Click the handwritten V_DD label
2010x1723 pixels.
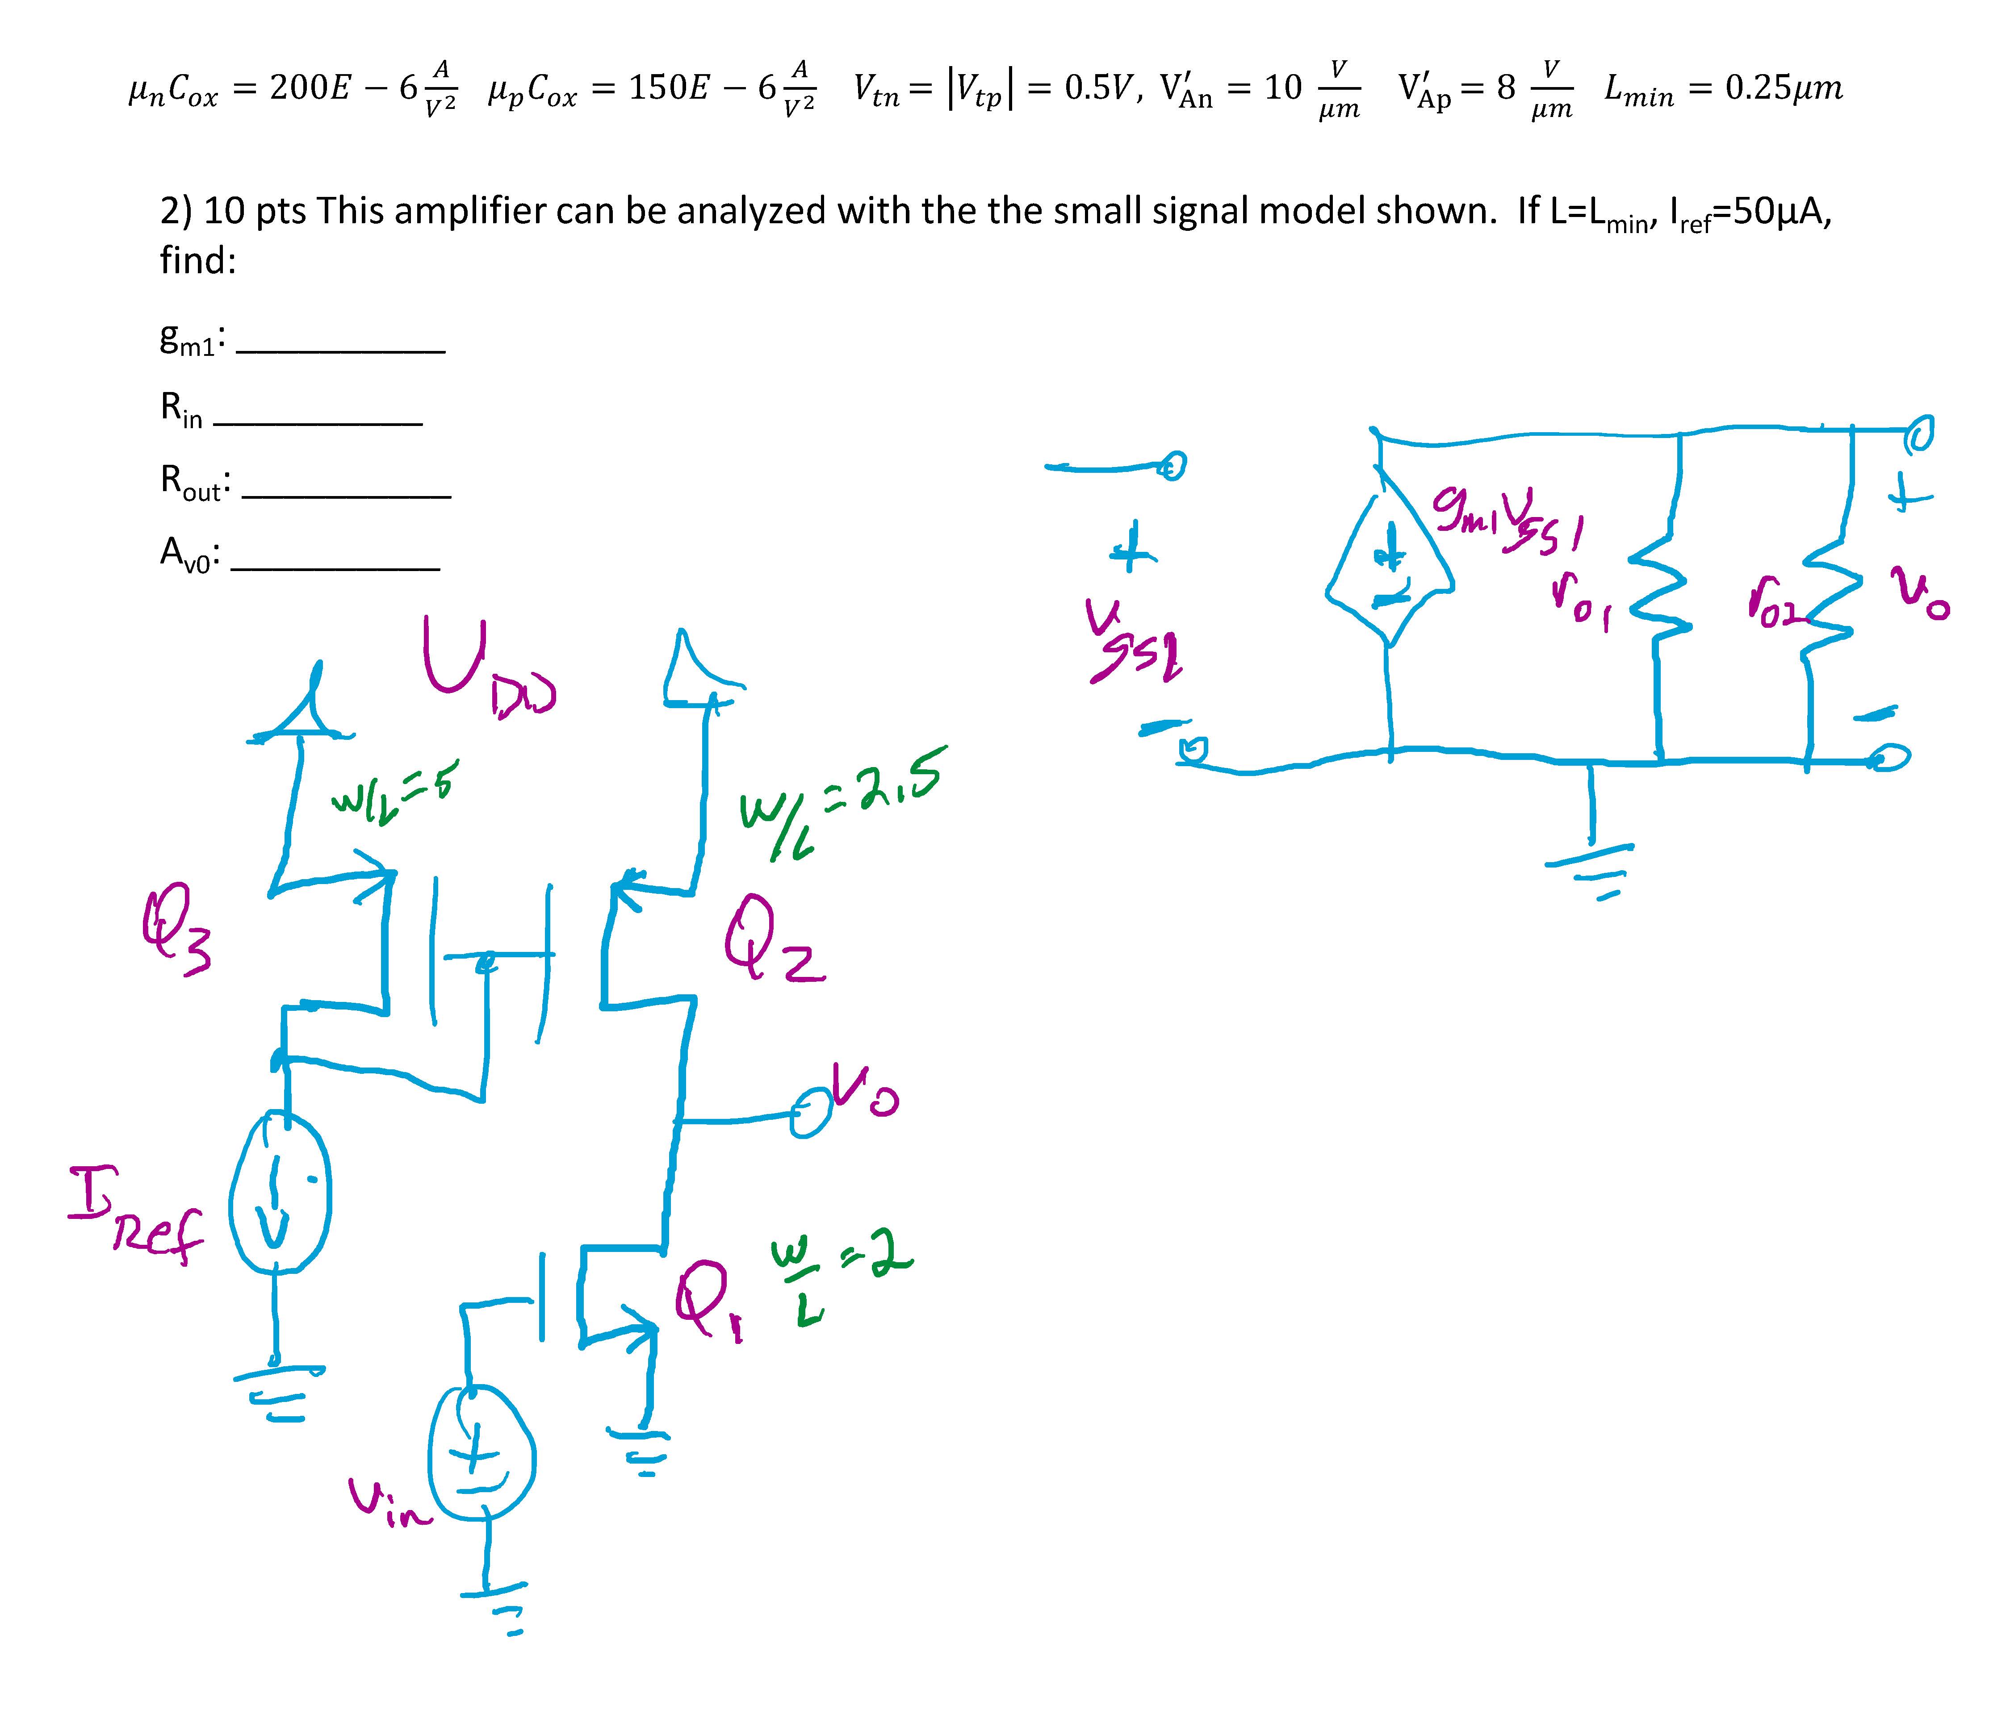coord(485,669)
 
